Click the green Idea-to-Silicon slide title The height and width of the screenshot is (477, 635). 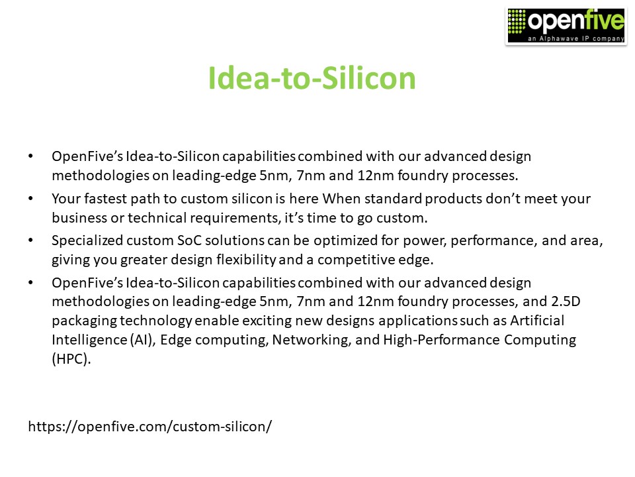point(312,79)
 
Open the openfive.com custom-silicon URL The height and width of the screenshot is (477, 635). point(150,426)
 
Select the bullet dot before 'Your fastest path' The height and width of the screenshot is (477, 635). point(30,199)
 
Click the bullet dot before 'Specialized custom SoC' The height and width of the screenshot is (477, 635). point(30,241)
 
